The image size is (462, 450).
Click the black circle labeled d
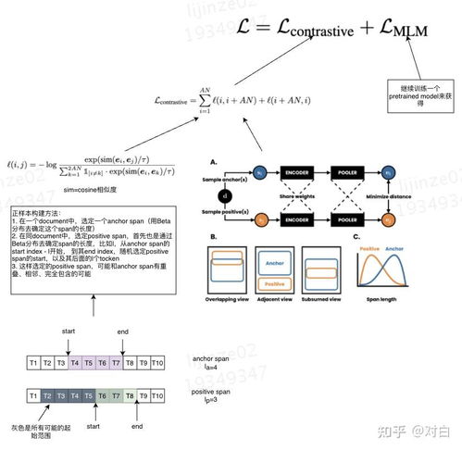click(x=223, y=195)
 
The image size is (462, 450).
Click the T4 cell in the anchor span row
click(x=75, y=363)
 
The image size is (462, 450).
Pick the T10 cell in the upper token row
click(x=157, y=363)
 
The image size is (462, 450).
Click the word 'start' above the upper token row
click(x=69, y=331)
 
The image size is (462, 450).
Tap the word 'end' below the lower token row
click(x=137, y=428)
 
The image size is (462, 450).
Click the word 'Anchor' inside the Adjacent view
click(x=273, y=262)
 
